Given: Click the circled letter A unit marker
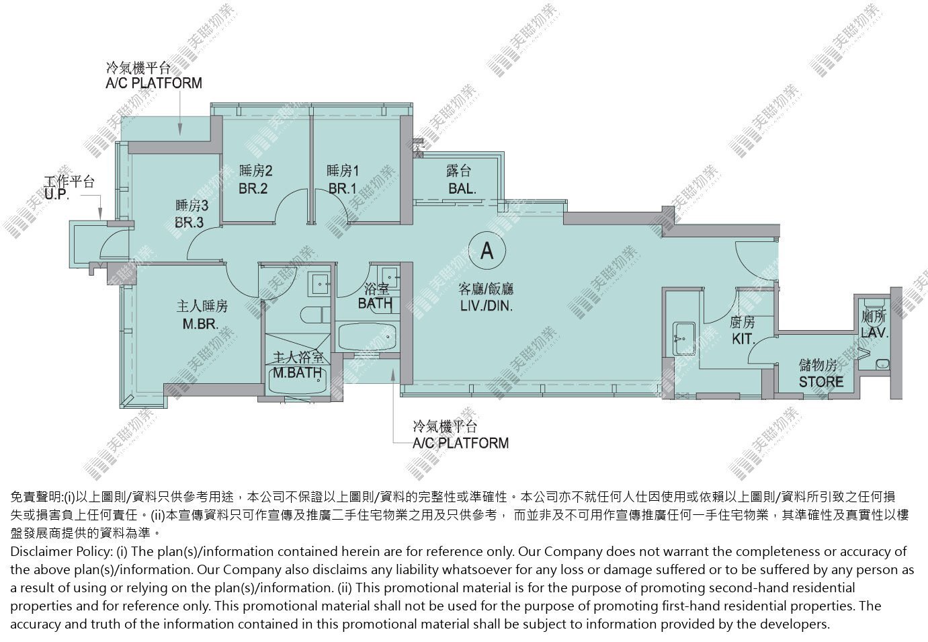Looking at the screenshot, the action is pos(487,250).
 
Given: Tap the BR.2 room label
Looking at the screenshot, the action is pos(253,189).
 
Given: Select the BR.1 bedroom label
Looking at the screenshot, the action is pos(342,189).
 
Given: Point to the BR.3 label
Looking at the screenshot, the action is pos(189,223).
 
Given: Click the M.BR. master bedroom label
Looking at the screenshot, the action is pos(200,324).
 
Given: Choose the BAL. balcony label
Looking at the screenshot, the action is pos(462,189).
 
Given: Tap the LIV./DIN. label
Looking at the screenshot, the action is pos(487,306).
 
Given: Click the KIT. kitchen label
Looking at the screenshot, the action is pos(743,339).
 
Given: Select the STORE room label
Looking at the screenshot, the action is pos(821,382).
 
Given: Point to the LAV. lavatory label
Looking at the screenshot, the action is pos(874,332).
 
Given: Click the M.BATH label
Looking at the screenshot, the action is pos(297,372).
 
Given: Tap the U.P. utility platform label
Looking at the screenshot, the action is pos(56,194).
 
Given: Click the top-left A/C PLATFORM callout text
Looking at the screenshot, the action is pos(154,83).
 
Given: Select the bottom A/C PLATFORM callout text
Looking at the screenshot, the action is pos(461,443).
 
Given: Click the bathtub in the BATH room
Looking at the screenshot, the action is pos(367,337).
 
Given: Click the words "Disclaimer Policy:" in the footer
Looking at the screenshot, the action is pos(61,552).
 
